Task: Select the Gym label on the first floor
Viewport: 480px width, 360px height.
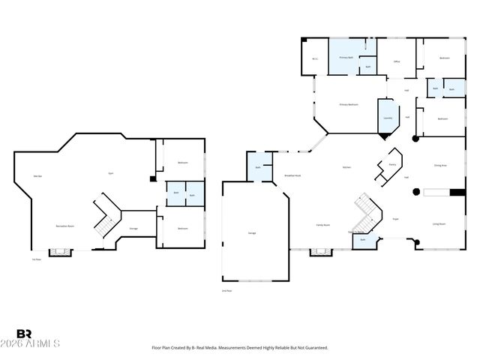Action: point(110,173)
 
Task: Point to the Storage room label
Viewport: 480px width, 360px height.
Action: point(133,228)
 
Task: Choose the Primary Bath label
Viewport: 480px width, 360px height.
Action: point(346,57)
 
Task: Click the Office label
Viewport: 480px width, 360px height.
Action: point(397,61)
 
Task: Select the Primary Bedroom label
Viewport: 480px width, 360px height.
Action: point(349,104)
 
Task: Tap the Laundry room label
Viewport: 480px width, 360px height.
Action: point(388,118)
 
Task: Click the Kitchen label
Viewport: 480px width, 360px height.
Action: point(346,166)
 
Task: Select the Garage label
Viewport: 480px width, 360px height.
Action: point(252,232)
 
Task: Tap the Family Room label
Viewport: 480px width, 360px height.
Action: point(323,223)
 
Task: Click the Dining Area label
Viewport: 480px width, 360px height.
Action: point(440,165)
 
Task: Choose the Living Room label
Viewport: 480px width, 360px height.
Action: point(439,223)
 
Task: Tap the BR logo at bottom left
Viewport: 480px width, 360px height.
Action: point(24,334)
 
